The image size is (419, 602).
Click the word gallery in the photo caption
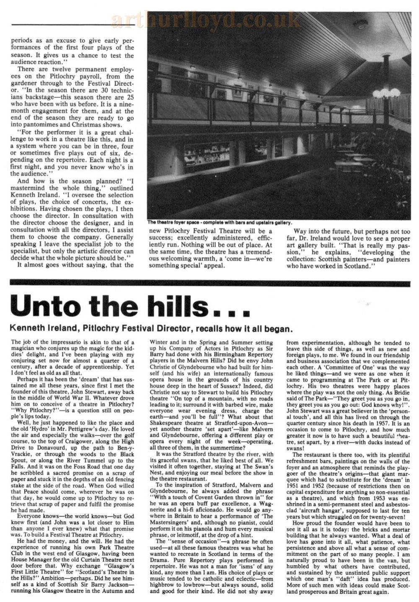click(x=283, y=222)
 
